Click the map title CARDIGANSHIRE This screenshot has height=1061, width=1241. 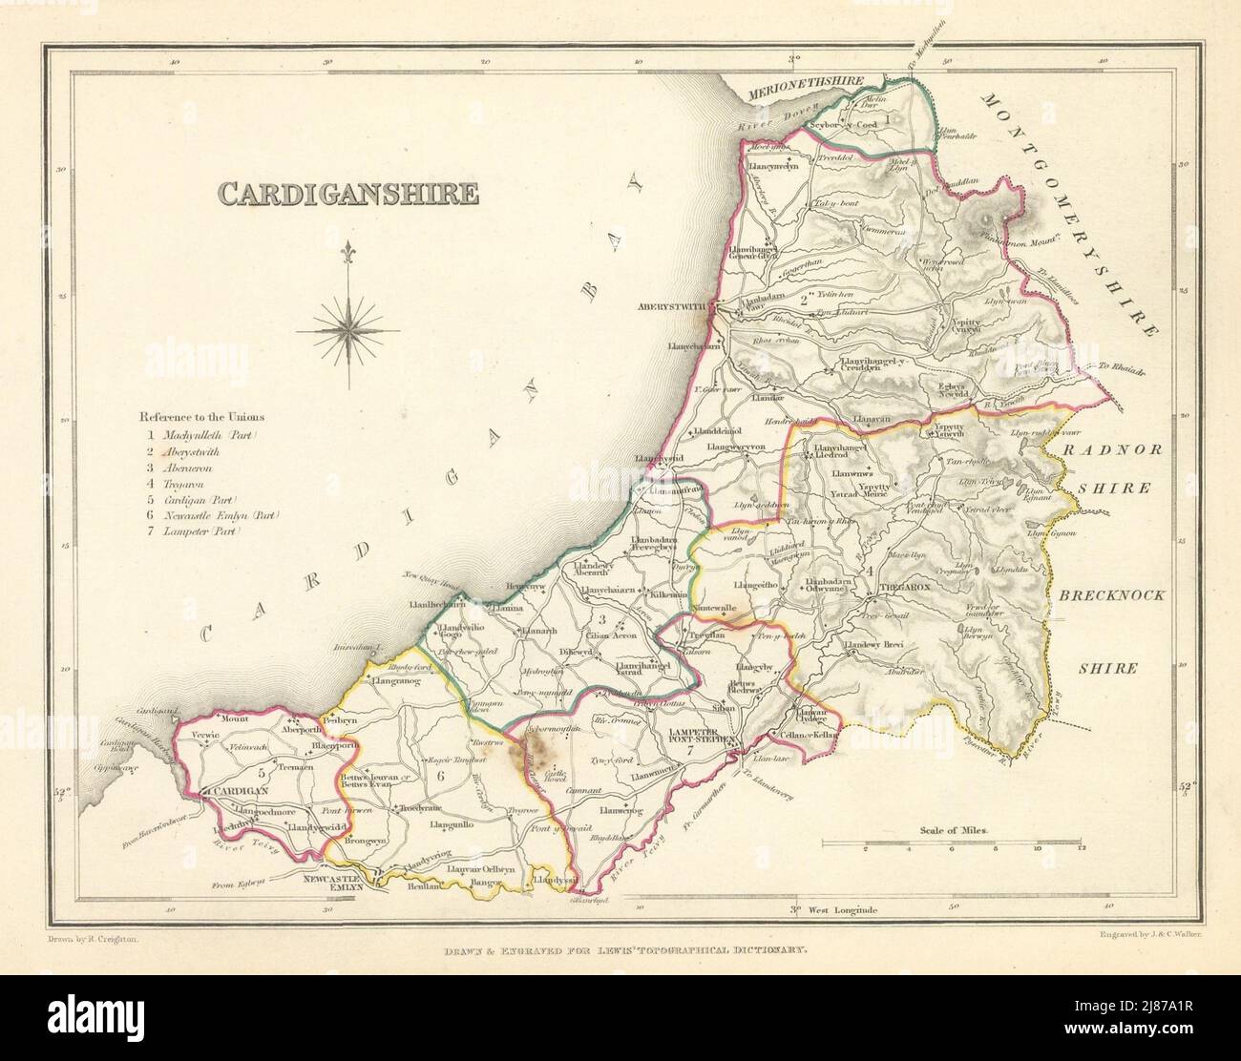point(347,194)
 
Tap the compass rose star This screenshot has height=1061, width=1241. point(348,329)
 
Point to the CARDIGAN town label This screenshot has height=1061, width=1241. point(241,790)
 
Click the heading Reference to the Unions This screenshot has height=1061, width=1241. point(202,417)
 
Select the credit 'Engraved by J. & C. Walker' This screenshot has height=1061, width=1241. point(1125,940)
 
